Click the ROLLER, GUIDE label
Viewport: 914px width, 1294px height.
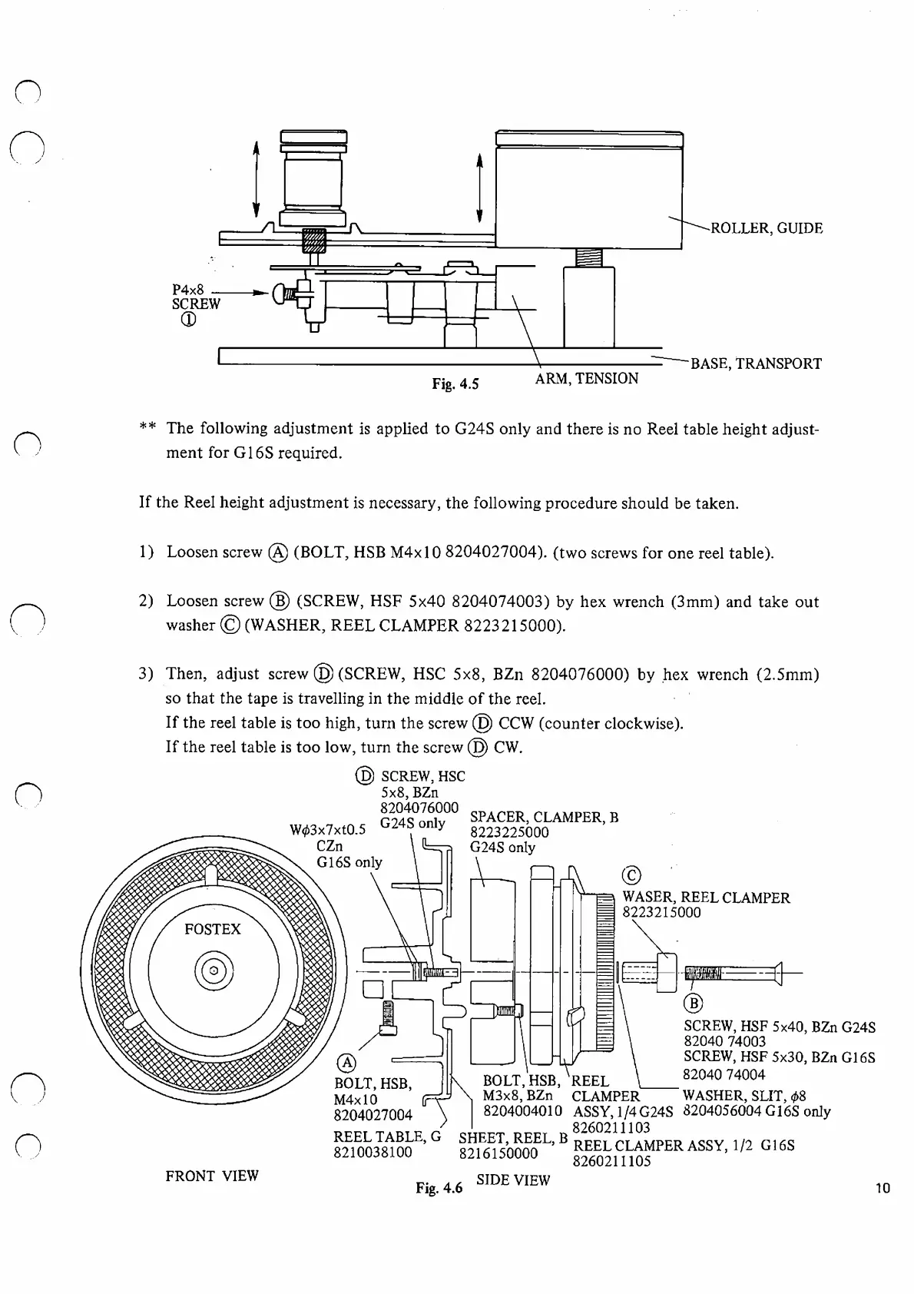pos(767,228)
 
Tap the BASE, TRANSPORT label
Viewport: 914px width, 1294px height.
pos(756,364)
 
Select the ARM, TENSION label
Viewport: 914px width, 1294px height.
pos(587,379)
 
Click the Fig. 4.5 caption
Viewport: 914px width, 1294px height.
pos(455,383)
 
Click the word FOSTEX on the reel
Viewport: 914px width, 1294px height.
pos(213,930)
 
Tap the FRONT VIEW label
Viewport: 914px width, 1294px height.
pos(212,1176)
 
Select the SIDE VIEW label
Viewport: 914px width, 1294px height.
pos(513,1180)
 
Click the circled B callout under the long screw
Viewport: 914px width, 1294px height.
pos(692,1003)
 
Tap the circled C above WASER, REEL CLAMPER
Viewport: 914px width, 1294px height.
pos(631,876)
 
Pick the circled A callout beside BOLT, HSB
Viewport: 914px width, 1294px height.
pos(347,1063)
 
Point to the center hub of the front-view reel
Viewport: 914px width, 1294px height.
pos(214,970)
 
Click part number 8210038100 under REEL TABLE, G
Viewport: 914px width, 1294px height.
pos(373,1153)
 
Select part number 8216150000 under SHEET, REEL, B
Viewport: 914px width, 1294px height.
pos(498,1154)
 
